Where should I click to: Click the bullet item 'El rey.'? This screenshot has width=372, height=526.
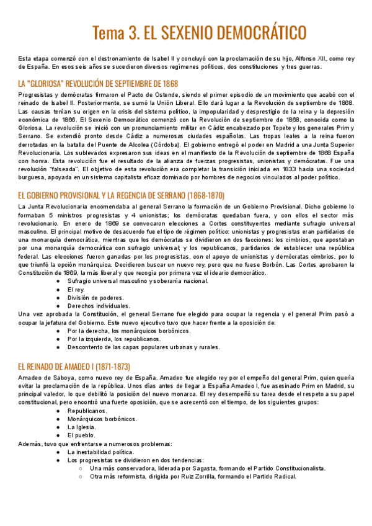pyautogui.click(x=76, y=290)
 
